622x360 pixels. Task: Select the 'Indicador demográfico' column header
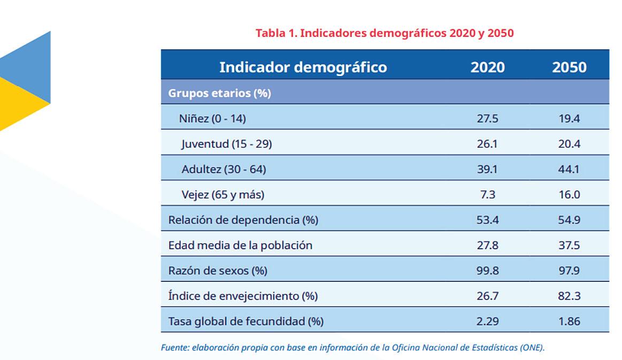[x=303, y=67]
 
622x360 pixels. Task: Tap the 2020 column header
[x=487, y=67]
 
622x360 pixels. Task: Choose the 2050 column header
[x=569, y=67]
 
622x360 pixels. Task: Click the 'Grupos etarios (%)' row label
[x=219, y=93]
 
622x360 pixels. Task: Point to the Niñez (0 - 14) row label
[x=212, y=119]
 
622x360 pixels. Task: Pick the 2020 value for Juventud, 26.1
[x=487, y=144]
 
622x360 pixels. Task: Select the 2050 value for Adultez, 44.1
[x=569, y=170]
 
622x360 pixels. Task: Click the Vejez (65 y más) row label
[x=222, y=195]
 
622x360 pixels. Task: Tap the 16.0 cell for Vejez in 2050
[x=569, y=195]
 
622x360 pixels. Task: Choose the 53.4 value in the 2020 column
[x=487, y=220]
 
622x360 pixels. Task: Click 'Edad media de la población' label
[x=240, y=246]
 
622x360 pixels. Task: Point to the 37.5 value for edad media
[x=569, y=246]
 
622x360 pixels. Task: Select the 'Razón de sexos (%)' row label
[x=217, y=271]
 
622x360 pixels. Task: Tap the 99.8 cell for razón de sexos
[x=487, y=271]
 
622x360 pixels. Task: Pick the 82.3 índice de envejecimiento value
[x=569, y=296]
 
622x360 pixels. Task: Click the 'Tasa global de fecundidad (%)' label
[x=245, y=321]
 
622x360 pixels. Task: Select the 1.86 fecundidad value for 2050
[x=569, y=321]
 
